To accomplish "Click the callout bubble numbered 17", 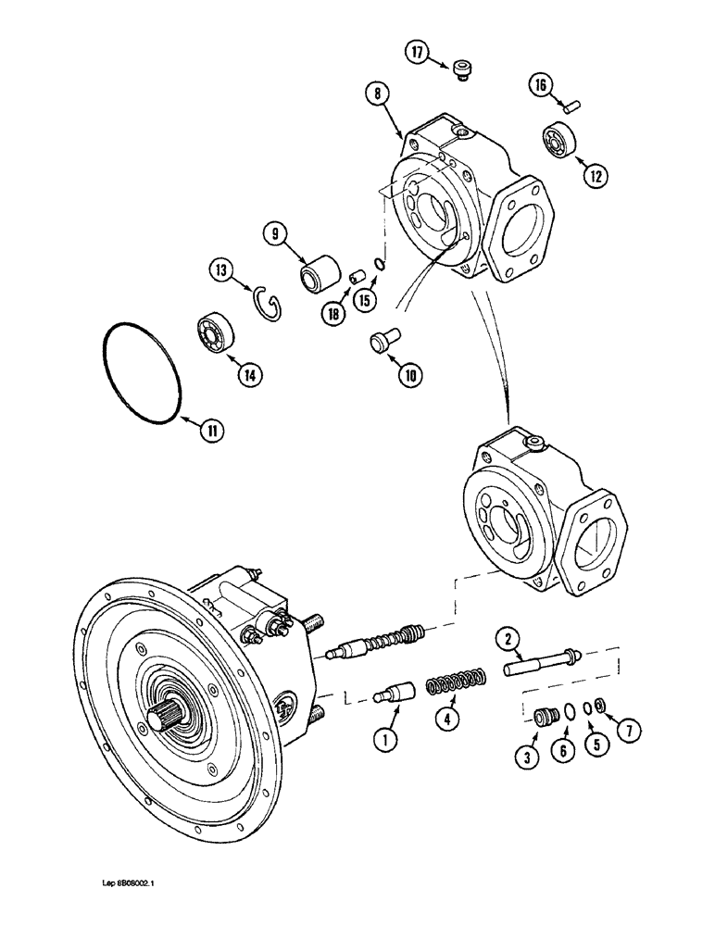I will pos(418,54).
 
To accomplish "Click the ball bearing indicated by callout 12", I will pos(561,139).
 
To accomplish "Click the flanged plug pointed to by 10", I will pos(380,341).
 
